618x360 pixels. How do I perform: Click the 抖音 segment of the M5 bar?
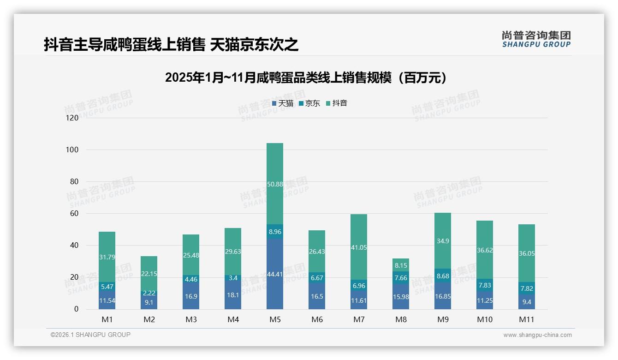point(275,184)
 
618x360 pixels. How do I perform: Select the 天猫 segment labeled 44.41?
point(275,274)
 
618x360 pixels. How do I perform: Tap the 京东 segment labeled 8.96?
point(275,232)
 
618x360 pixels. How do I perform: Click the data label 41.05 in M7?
point(359,247)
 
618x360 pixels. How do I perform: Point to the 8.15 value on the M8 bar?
point(401,265)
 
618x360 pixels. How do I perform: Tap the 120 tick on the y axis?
point(72,118)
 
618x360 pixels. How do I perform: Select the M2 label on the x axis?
point(149,319)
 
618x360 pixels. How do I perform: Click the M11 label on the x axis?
point(527,319)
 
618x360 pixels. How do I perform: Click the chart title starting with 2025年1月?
point(306,78)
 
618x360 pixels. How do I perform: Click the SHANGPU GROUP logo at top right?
point(536,39)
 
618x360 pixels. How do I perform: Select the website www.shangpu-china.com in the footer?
point(537,335)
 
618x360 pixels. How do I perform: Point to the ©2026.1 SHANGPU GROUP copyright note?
point(90,335)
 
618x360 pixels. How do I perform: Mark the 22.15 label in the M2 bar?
point(149,274)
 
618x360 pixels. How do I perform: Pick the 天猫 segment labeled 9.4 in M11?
point(527,302)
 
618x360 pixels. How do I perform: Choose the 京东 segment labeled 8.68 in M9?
point(443,276)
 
